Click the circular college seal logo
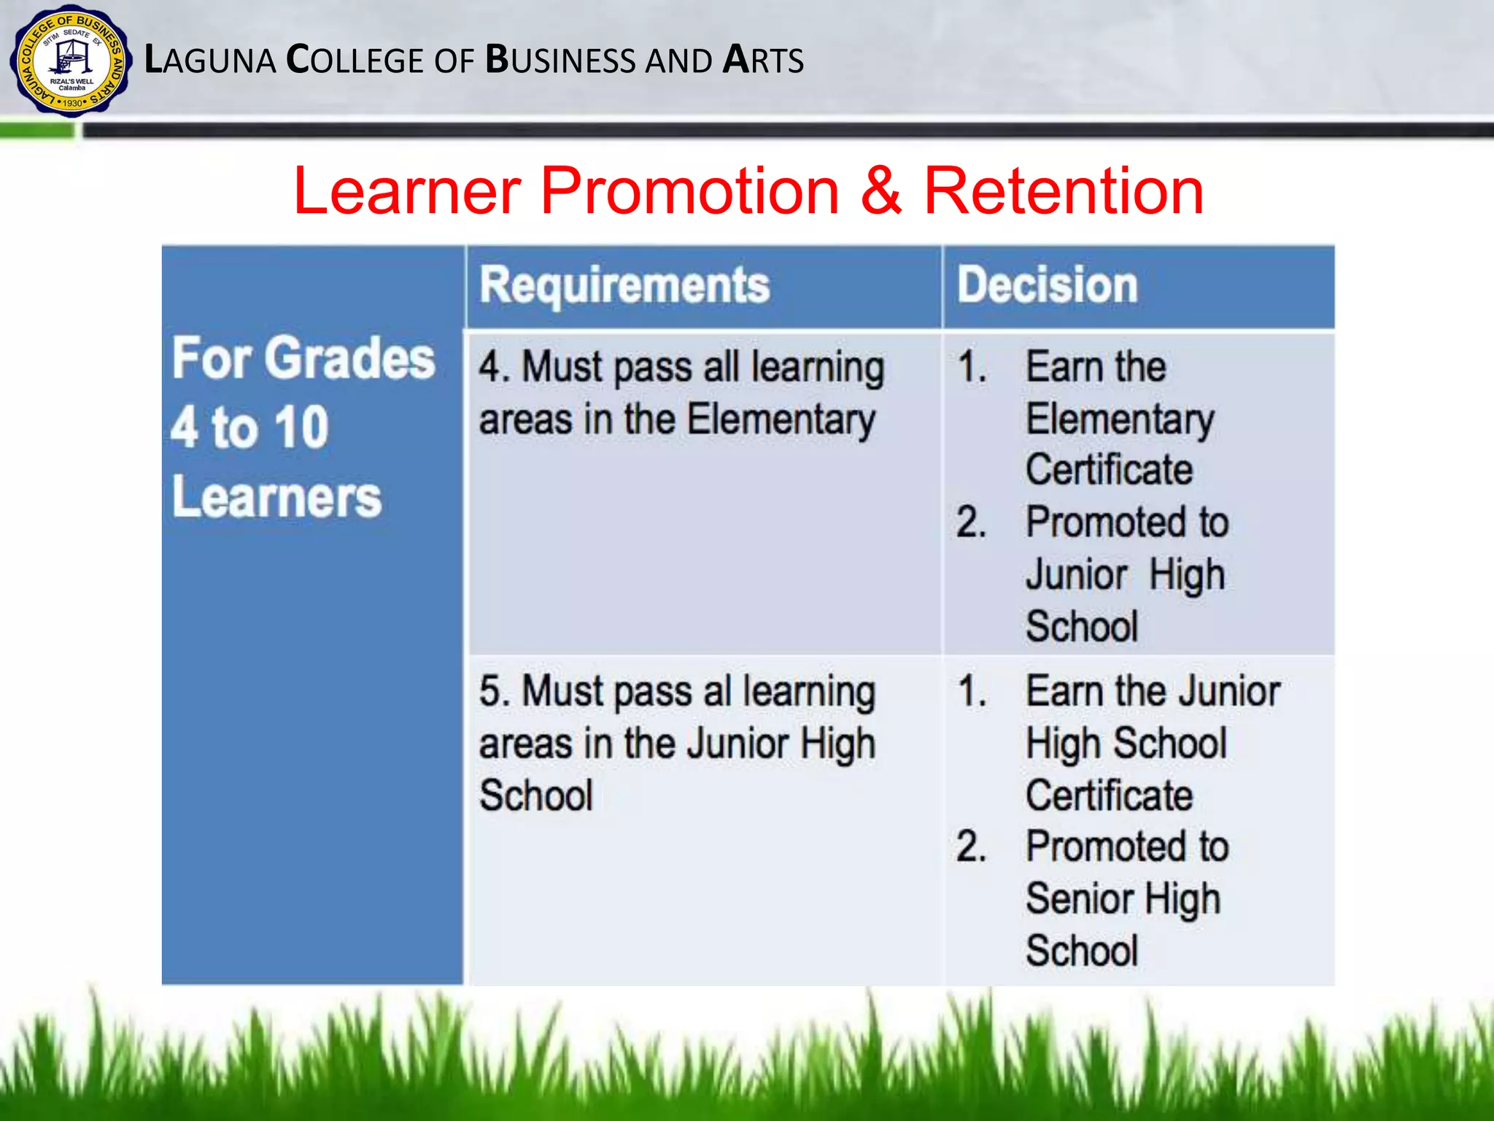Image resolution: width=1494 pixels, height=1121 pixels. [x=71, y=61]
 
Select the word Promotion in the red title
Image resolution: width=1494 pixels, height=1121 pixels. [x=689, y=191]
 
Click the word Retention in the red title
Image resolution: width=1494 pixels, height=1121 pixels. [x=1063, y=191]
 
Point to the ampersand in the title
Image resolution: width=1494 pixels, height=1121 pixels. [x=880, y=191]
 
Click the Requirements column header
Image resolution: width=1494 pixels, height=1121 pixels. [x=624, y=285]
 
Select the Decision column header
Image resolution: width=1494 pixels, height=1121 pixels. [x=1047, y=285]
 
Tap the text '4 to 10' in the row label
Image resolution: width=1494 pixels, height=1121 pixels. [x=249, y=428]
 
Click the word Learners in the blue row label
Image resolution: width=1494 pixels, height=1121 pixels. [x=276, y=498]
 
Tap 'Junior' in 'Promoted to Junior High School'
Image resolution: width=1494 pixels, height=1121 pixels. [x=1077, y=575]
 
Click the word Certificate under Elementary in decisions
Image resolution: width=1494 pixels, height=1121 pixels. [x=1109, y=470]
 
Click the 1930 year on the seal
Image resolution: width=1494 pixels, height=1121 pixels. [x=72, y=103]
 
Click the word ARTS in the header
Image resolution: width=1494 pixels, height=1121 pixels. [x=763, y=61]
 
